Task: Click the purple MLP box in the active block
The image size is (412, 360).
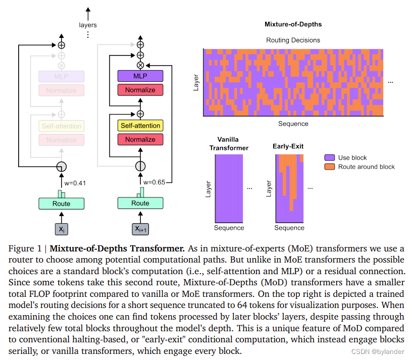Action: [x=140, y=76]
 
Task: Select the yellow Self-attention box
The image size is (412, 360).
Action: [x=140, y=125]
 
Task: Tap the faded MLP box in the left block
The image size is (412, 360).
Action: [x=61, y=76]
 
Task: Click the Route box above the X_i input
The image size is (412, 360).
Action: [x=61, y=203]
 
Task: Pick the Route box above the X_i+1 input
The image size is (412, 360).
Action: [x=140, y=203]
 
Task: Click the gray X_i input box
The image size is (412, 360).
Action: [x=61, y=229]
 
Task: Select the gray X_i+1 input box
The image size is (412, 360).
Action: [x=140, y=229]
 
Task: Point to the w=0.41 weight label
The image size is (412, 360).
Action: [x=75, y=183]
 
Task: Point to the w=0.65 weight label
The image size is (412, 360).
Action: [x=154, y=182]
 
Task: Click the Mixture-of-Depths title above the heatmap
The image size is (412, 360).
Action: [x=293, y=24]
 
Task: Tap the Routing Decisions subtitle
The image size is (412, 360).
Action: [x=293, y=40]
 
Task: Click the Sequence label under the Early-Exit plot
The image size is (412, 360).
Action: [x=289, y=228]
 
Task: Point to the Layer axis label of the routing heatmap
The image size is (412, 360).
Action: [x=196, y=83]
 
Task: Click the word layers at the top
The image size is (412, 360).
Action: [x=88, y=25]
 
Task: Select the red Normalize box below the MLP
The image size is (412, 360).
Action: [x=140, y=90]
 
